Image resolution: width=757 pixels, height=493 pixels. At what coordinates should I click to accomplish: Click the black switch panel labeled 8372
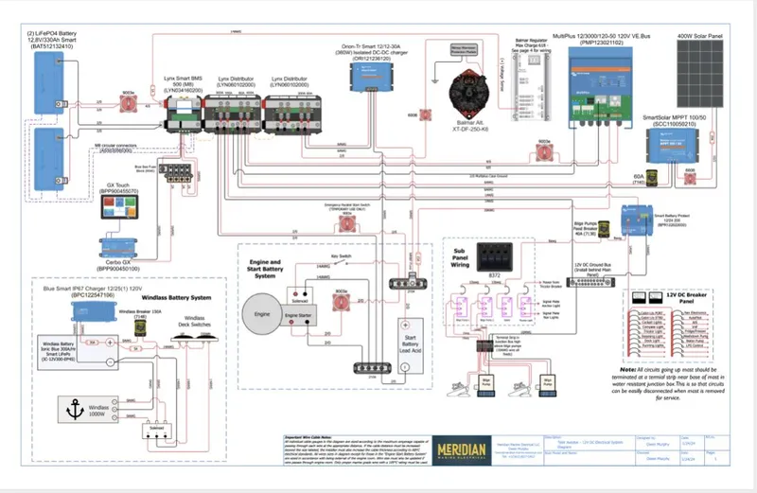click(x=495, y=258)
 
